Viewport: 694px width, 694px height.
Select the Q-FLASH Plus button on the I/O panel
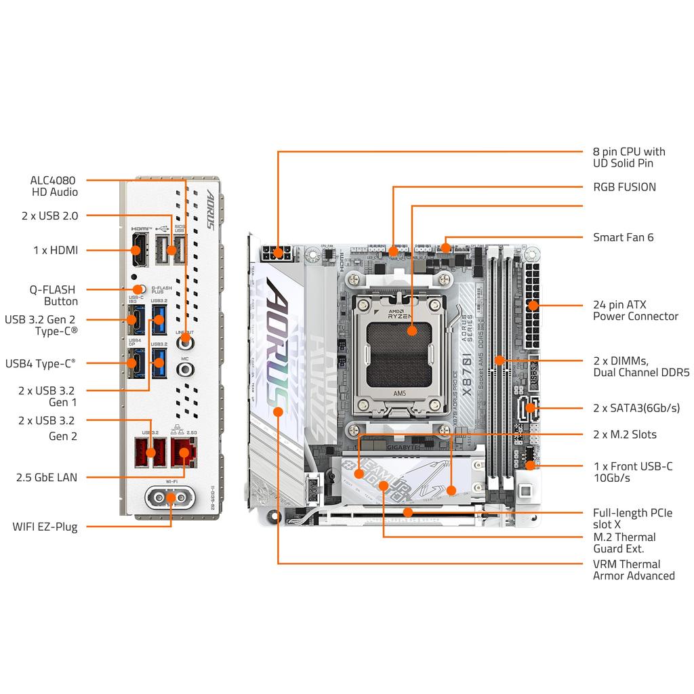[x=141, y=289]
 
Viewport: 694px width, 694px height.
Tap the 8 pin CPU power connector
[x=277, y=255]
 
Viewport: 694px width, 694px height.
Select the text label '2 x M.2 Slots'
[x=624, y=434]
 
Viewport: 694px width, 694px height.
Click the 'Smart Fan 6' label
[x=623, y=237]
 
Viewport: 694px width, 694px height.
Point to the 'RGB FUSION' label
[x=624, y=187]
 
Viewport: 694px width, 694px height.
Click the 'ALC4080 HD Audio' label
[x=54, y=186]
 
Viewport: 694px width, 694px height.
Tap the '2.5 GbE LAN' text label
[x=47, y=477]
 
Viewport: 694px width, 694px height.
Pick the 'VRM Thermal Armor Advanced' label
[x=633, y=570]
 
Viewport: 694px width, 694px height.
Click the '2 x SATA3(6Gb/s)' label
[x=636, y=408]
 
